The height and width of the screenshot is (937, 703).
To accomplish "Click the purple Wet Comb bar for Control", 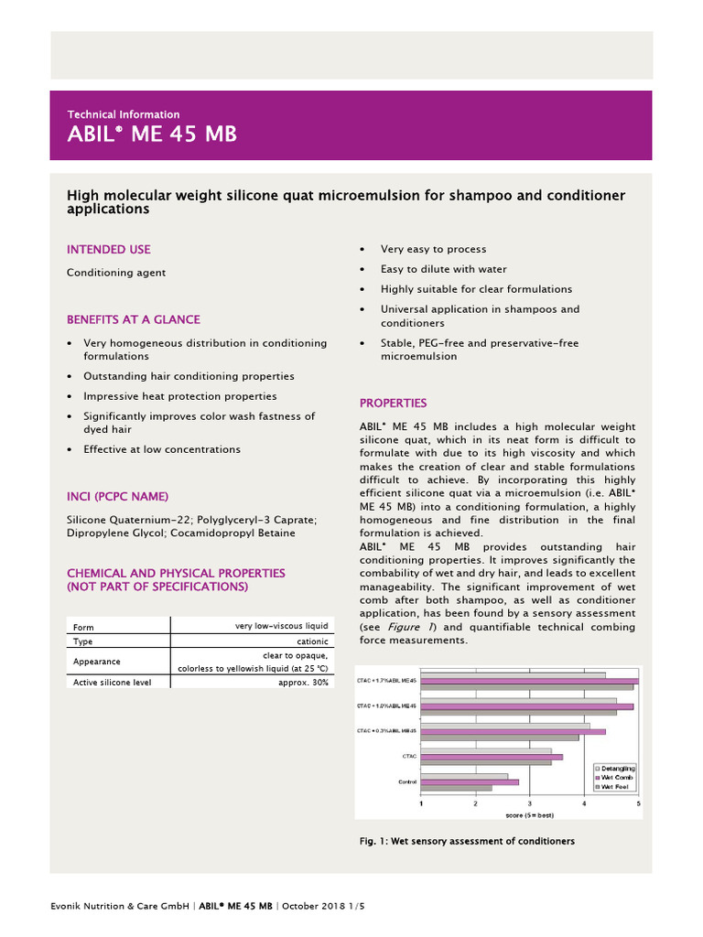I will (x=470, y=782).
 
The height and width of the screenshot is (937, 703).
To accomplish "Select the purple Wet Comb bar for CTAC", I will (x=492, y=757).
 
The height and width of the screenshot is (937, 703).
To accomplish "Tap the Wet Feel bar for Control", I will (x=456, y=788).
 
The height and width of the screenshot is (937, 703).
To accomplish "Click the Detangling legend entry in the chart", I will (x=617, y=768).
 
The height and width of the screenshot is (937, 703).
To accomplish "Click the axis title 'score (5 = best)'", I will (x=530, y=813).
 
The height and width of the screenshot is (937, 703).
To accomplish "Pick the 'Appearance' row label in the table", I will (x=96, y=662).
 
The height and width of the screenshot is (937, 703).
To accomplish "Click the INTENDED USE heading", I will (x=108, y=250).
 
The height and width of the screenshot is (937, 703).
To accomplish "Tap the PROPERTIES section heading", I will (x=393, y=404).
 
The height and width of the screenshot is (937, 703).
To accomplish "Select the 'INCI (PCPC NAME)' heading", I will (x=117, y=497).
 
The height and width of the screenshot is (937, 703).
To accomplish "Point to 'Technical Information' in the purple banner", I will (x=124, y=114).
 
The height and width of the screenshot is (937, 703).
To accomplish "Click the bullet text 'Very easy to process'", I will (x=433, y=250).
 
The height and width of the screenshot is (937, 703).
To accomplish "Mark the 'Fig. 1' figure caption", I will (x=467, y=841).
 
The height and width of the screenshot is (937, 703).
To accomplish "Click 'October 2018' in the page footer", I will (x=311, y=906).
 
